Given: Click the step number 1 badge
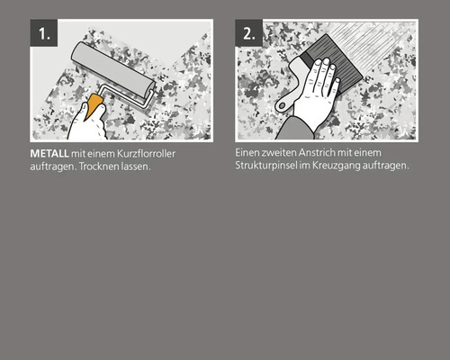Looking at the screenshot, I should (44, 34).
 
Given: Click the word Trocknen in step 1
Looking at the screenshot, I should (97, 167).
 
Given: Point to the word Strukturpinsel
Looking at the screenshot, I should (266, 166).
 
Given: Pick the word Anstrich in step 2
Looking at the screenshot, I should (318, 153).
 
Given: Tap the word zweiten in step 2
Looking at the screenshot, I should (277, 153).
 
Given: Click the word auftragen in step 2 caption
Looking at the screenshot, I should (388, 166).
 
